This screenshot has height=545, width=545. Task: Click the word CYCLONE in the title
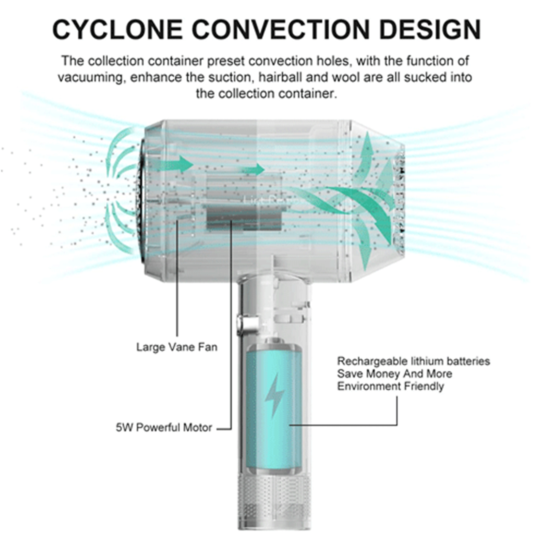click(118, 30)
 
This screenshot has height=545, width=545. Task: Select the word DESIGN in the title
click(430, 30)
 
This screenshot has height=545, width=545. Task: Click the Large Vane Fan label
click(176, 347)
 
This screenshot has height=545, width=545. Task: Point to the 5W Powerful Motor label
click(164, 427)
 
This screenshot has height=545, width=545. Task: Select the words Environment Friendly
click(390, 386)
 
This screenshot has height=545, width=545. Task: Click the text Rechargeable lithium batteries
click(413, 361)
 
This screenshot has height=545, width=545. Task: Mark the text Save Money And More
click(394, 374)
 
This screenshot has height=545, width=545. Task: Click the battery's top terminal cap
click(275, 341)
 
